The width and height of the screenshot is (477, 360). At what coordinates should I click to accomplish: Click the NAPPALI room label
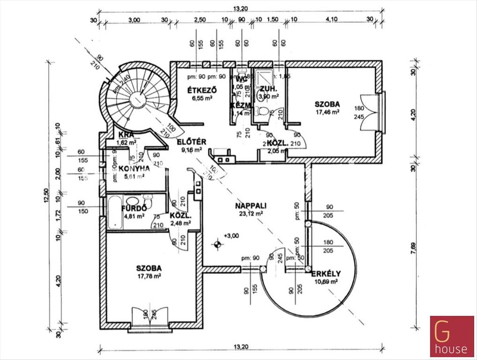250,206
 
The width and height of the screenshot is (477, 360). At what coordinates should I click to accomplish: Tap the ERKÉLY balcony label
326,274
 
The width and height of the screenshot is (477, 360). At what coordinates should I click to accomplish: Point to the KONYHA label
129,168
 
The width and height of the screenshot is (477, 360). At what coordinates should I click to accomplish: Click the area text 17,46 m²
327,113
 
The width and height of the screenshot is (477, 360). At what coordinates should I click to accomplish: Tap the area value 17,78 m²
148,276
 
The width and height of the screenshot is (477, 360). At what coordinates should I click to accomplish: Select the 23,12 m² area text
250,214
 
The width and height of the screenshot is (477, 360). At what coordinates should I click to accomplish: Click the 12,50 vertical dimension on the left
47,196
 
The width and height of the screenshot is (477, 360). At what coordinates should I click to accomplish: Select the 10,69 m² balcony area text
326,281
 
